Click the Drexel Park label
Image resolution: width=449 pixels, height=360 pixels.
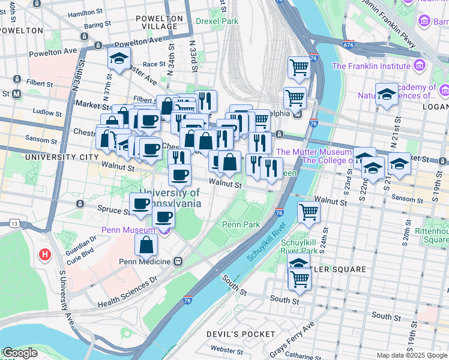[217, 21]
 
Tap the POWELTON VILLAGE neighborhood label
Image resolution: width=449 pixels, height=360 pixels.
[159, 23]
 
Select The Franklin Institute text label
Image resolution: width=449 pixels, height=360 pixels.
[370, 66]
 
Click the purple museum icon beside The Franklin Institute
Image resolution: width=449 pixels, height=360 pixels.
[419, 65]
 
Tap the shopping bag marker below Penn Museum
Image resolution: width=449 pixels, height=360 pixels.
[146, 245]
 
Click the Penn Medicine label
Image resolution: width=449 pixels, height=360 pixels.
[145, 262]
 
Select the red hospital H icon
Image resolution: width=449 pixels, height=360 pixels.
[44, 255]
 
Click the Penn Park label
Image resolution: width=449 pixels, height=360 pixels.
[241, 224]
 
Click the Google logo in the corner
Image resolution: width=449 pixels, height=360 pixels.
[19, 353]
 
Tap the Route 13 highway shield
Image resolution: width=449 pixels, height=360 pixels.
[13, 223]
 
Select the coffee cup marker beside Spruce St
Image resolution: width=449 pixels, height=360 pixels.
[140, 204]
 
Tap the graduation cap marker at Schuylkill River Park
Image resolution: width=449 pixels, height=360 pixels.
[298, 262]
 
